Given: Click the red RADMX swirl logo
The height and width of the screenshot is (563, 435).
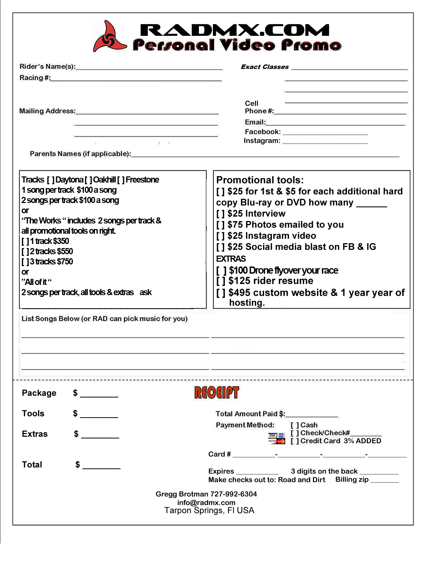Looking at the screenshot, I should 109,37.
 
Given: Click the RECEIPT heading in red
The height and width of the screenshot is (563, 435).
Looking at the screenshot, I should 217,392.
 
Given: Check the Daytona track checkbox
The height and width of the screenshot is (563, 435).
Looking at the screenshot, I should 51,180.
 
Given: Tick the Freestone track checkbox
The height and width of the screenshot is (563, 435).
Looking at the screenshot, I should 121,180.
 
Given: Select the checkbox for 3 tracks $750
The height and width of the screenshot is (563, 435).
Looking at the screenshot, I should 25,262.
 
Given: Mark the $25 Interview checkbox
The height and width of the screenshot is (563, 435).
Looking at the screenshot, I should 220,214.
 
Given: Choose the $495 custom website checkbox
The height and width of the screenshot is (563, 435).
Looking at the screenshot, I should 221,293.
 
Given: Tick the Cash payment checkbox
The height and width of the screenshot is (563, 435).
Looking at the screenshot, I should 295,425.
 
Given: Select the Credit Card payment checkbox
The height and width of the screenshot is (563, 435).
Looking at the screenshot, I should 295,441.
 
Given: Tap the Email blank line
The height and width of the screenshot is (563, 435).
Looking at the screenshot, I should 335,123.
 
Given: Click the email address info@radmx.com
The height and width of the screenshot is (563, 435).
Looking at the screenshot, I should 206,503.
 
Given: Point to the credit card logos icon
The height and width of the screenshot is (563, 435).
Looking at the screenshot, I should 277,438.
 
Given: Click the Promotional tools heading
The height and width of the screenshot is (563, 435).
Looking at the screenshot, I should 260,180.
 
